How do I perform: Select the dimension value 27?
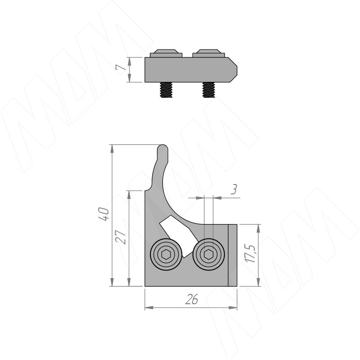tap(121, 237)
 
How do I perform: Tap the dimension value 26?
tap(192, 299)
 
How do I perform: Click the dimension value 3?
tap(234, 189)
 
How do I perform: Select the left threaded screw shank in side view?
tap(166, 90)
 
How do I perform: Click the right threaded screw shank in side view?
tap(208, 90)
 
